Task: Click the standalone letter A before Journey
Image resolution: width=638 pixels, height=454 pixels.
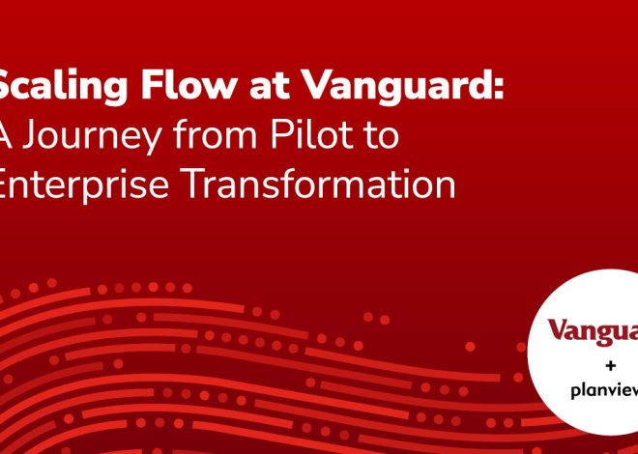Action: pyautogui.click(x=4, y=135)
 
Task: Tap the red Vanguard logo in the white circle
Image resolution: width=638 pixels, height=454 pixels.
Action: pyautogui.click(x=593, y=331)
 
